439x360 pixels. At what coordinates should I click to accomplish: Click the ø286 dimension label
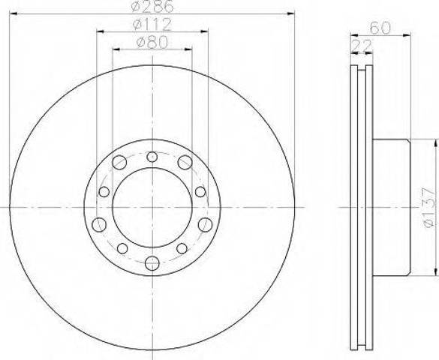[152, 6]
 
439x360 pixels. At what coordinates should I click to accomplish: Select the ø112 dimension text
[152, 25]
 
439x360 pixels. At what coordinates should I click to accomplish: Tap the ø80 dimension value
[152, 43]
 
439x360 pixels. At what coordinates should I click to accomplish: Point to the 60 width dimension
[380, 28]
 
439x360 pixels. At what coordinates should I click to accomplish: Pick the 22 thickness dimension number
[362, 45]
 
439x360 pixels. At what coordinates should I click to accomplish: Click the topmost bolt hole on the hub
[152, 157]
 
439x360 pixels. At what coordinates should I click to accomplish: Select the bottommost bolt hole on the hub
[152, 263]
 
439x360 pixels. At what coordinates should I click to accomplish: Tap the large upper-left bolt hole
[119, 162]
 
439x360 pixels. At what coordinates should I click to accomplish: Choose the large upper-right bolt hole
[185, 162]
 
